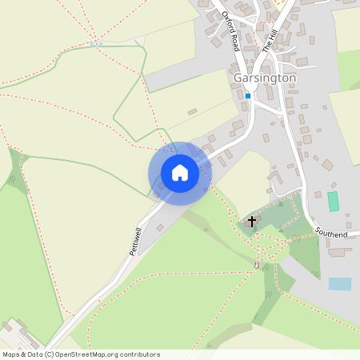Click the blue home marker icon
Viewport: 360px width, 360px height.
click(180, 173)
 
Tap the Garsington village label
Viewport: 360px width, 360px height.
click(266, 78)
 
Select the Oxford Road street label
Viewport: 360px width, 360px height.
click(231, 30)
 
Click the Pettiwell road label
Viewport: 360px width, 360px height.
click(135, 239)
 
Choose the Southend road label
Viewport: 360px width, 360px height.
click(331, 233)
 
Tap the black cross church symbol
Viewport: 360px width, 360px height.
click(252, 220)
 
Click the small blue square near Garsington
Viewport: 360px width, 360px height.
click(248, 96)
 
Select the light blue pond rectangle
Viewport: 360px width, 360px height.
click(339, 283)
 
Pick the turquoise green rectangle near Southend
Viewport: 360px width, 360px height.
click(333, 201)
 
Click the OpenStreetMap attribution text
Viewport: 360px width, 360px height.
click(81, 354)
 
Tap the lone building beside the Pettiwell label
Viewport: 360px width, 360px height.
click(159, 228)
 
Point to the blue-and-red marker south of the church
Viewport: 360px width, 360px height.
click(257, 265)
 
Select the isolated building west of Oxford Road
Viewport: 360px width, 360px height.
click(192, 112)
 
